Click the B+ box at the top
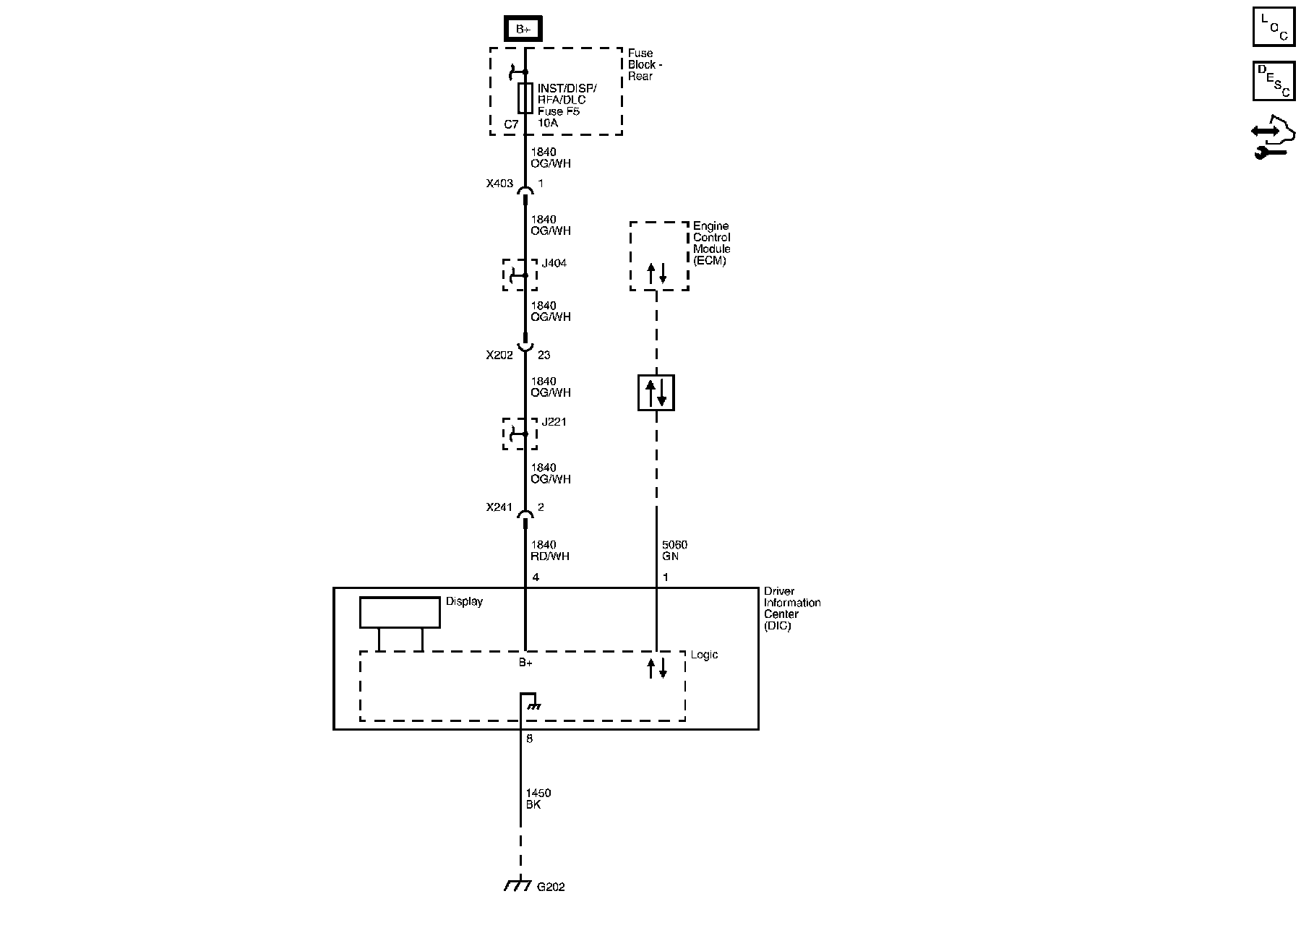pyautogui.click(x=523, y=29)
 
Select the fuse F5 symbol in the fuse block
pyautogui.click(x=525, y=98)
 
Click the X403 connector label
pyautogui.click(x=499, y=184)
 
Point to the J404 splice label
pyautogui.click(x=554, y=263)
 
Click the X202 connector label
pyautogui.click(x=499, y=355)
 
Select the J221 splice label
pyautogui.click(x=554, y=422)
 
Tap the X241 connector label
pyautogui.click(x=499, y=507)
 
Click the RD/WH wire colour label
pyautogui.click(x=550, y=556)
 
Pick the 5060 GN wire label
pyautogui.click(x=674, y=551)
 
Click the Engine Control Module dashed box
pyautogui.click(x=658, y=256)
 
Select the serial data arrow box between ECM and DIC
pyautogui.click(x=656, y=392)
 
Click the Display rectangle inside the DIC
pyautogui.click(x=400, y=612)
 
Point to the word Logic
pyautogui.click(x=704, y=655)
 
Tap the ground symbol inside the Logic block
pyautogui.click(x=533, y=705)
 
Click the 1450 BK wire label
pyautogui.click(x=538, y=799)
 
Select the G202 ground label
pyautogui.click(x=551, y=887)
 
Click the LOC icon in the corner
pyautogui.click(x=1274, y=27)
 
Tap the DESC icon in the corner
pyautogui.click(x=1274, y=81)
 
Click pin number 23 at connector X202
pyautogui.click(x=544, y=355)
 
